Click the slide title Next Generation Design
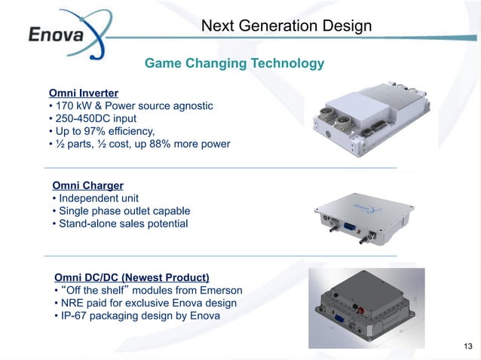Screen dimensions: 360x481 (286, 26)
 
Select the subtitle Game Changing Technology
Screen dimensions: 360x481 (234, 63)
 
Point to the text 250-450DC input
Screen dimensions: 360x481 (100, 118)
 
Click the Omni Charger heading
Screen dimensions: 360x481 (87, 185)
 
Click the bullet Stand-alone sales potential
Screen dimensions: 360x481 (124, 224)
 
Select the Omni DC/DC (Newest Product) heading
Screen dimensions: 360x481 (132, 277)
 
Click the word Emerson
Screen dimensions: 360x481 (221, 291)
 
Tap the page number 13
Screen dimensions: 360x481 (468, 346)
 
